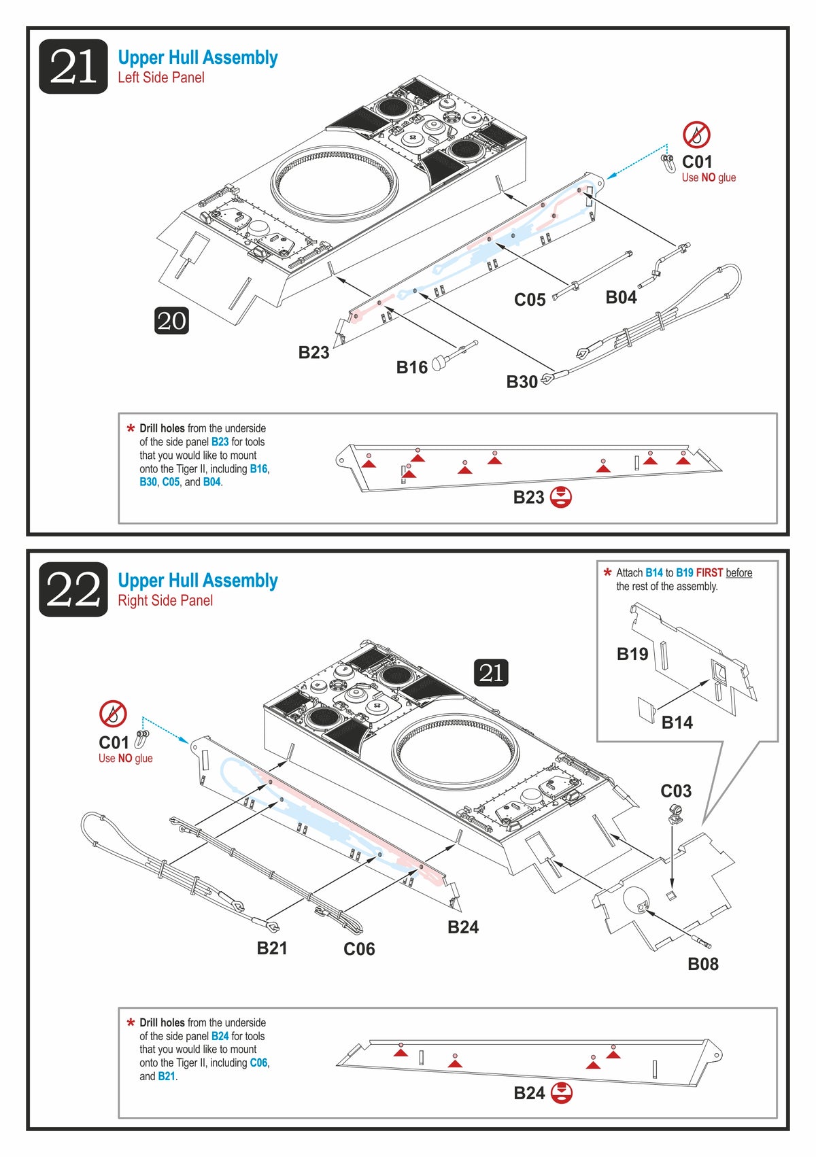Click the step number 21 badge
[x=73, y=67]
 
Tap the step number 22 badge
[x=73, y=589]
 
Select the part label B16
[x=411, y=367]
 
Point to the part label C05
[x=529, y=300]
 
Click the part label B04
[x=621, y=297]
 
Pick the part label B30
[x=522, y=382]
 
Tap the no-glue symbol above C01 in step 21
[x=696, y=135]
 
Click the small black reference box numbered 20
[x=171, y=321]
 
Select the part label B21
[x=271, y=948]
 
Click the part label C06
[x=359, y=949]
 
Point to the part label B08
[x=702, y=964]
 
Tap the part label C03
[x=675, y=791]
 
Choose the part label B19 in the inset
[x=632, y=654]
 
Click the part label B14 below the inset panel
[x=677, y=722]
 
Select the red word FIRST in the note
[x=709, y=573]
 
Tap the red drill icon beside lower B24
[x=561, y=1093]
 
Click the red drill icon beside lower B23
[x=560, y=498]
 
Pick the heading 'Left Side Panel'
[x=161, y=77]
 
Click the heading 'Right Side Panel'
[x=165, y=600]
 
